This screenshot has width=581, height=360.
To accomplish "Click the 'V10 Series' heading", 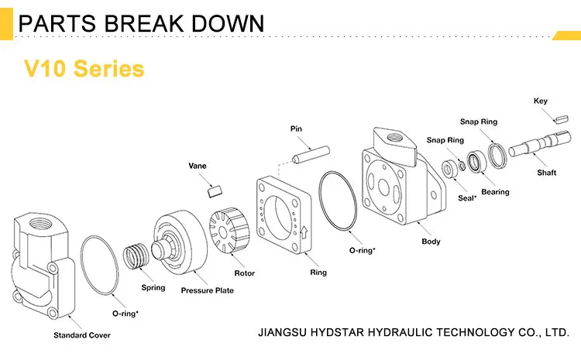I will point(84,68).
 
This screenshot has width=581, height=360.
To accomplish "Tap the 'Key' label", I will point(541,101).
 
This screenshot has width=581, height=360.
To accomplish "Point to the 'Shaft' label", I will point(547,173).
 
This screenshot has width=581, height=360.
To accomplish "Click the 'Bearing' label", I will point(495,192).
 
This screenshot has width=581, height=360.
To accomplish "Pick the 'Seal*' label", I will point(466,199).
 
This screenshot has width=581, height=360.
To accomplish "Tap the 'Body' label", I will point(431,242).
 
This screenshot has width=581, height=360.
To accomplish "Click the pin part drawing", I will point(308,154).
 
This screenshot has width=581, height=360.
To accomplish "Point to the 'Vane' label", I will point(198,165).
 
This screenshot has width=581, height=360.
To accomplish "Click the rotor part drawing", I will point(229,232).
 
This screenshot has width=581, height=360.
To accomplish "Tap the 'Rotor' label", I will point(245,273).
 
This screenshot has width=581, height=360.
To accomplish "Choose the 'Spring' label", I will point(153,288).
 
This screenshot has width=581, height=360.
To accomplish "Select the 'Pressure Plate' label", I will point(207,290).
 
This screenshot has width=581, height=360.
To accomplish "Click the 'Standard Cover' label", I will point(81,335).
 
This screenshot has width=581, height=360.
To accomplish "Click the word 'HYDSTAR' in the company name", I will point(346,333).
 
